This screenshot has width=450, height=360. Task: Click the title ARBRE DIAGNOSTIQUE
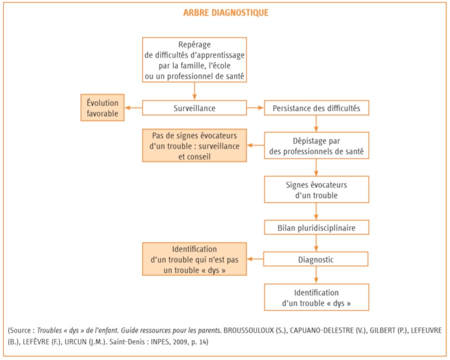[x=226, y=13]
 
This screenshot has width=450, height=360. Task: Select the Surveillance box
[x=194, y=108]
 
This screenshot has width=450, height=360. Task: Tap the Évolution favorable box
[x=102, y=107]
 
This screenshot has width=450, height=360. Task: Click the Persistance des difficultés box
[x=316, y=108]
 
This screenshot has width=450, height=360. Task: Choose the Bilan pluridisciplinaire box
[x=316, y=227]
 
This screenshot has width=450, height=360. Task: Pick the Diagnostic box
[x=315, y=259]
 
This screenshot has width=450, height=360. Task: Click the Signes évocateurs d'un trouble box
[x=316, y=189]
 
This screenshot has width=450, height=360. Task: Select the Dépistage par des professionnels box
[x=316, y=145]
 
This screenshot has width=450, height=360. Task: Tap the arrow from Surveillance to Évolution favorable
[x=133, y=108]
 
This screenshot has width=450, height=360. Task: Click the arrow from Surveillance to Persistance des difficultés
[x=255, y=108]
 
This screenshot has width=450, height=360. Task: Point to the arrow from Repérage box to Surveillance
[x=194, y=91]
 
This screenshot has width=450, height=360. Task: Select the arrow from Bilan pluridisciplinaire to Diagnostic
[x=316, y=243]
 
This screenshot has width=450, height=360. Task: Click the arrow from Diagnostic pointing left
[x=255, y=259]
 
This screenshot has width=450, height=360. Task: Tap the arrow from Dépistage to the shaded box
[x=255, y=145]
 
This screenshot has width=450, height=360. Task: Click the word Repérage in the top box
[x=194, y=45]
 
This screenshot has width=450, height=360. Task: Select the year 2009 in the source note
[x=180, y=342]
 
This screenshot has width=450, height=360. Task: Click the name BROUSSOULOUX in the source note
[x=249, y=330]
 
